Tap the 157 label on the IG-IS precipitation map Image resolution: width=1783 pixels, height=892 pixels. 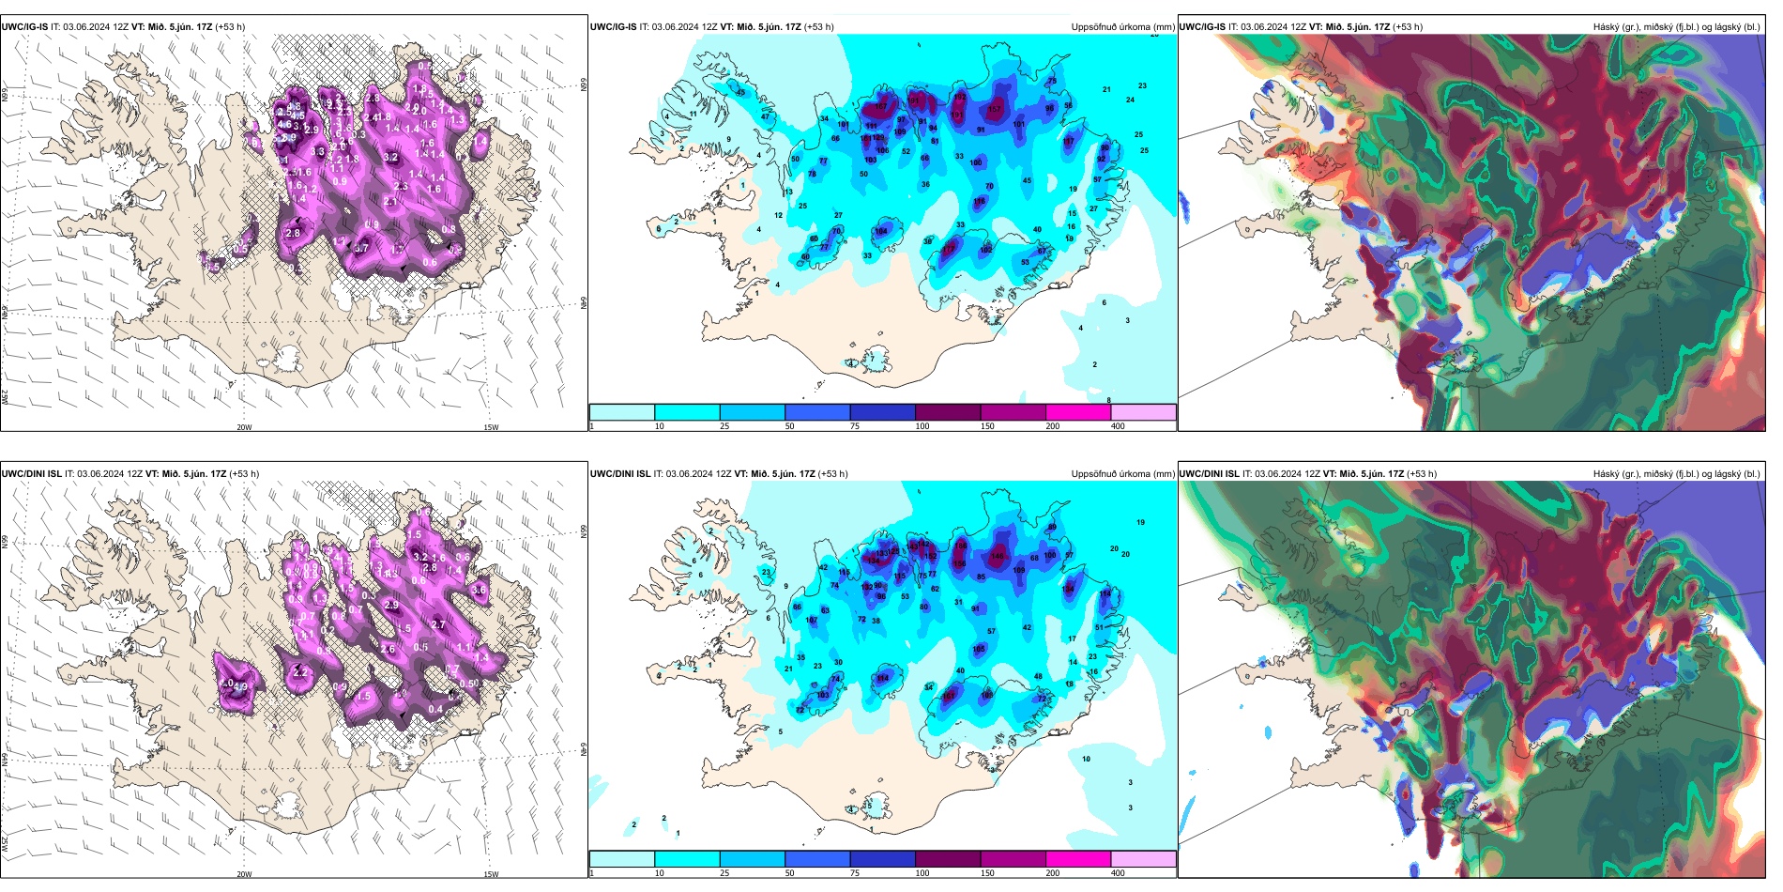click(995, 110)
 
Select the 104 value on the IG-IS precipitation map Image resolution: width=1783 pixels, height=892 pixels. click(881, 231)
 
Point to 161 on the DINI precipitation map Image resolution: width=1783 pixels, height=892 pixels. click(949, 696)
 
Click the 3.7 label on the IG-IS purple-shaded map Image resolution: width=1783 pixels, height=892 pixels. click(361, 249)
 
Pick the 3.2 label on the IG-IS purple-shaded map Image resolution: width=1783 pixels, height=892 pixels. click(390, 158)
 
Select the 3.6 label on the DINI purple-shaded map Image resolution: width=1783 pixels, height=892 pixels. click(479, 590)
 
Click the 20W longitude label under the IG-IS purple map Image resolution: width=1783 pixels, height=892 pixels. click(244, 427)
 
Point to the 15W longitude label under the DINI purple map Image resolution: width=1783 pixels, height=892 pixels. click(490, 874)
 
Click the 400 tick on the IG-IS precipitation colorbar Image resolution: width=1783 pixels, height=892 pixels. click(1118, 426)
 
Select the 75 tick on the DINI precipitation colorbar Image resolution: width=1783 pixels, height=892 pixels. click(855, 873)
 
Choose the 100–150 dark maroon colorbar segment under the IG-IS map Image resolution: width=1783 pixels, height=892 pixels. click(947, 412)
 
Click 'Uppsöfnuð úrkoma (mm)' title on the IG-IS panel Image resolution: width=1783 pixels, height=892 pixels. click(1122, 27)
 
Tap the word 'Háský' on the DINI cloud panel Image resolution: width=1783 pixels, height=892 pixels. click(1606, 474)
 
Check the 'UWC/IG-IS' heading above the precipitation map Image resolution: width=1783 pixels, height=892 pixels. click(613, 27)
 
